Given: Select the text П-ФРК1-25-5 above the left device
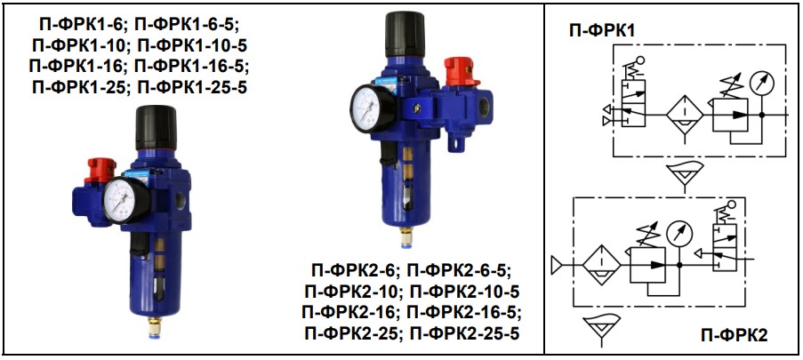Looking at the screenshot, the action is click(x=193, y=88).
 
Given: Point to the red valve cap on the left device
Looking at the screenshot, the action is click(x=101, y=170).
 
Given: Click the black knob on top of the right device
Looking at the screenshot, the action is click(x=405, y=33).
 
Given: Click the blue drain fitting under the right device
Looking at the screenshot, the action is click(x=406, y=236).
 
